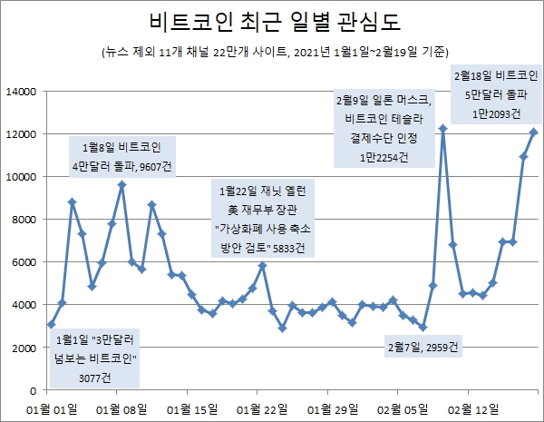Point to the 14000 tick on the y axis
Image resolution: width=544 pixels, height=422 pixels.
20,92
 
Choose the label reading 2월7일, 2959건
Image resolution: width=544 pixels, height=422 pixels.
423,346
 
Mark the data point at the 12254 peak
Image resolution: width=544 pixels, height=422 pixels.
442,129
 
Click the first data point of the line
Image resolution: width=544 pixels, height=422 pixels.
52,324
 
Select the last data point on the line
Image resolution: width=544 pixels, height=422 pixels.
533,132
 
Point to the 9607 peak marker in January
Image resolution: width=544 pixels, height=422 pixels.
121,185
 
